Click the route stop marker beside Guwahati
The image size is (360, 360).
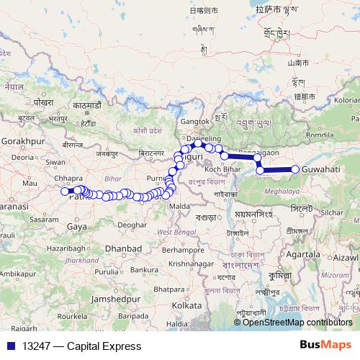[295, 169]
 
